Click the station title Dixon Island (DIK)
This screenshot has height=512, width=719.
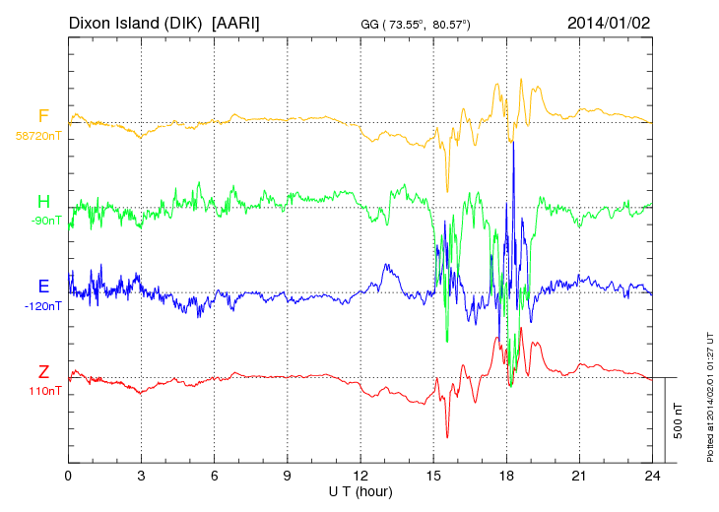coord(137,22)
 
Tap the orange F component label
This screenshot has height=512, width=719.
coord(43,117)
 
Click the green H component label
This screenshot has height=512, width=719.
coord(43,202)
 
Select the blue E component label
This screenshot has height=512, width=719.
coord(43,287)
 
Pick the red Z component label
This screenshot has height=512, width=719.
coord(43,371)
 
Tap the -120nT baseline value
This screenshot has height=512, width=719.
coord(43,306)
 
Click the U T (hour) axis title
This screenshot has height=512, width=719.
coord(359,490)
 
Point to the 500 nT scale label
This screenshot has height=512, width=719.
coord(679,420)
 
